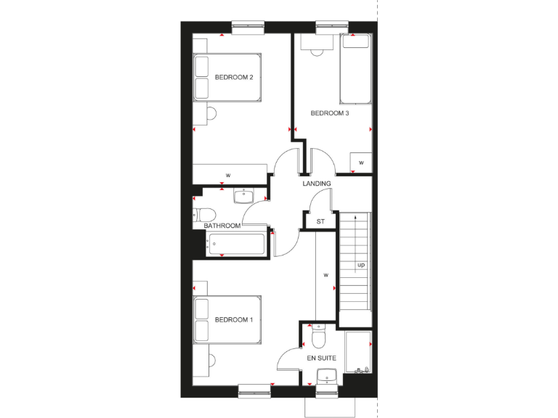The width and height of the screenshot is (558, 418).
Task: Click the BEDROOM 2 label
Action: pyautogui.click(x=233, y=78)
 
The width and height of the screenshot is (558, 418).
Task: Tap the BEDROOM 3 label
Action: pyautogui.click(x=329, y=112)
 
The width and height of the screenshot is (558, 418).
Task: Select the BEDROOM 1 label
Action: pyautogui.click(x=233, y=320)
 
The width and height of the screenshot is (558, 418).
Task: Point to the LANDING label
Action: pyautogui.click(x=318, y=184)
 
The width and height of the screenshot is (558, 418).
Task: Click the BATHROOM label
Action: pyautogui.click(x=222, y=226)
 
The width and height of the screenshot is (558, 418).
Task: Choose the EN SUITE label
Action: pyautogui.click(x=320, y=358)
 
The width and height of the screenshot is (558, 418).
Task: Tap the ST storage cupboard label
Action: pyautogui.click(x=320, y=221)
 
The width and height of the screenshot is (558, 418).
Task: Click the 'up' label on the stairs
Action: pyautogui.click(x=361, y=265)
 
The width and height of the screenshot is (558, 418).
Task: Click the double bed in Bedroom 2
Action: pyautogui.click(x=226, y=77)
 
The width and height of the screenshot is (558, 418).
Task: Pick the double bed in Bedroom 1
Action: pyautogui.click(x=226, y=319)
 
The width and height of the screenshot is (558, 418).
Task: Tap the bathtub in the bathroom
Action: pyautogui.click(x=237, y=245)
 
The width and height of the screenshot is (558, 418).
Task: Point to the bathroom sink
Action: pyautogui.click(x=243, y=194)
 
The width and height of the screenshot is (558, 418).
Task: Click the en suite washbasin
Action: pyautogui.click(x=326, y=376)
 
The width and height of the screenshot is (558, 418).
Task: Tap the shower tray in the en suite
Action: pyautogui.click(x=358, y=353)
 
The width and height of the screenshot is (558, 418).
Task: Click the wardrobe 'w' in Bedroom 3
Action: pyautogui.click(x=360, y=163)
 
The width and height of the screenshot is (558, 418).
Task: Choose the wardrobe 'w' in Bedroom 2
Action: pyautogui.click(x=227, y=175)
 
